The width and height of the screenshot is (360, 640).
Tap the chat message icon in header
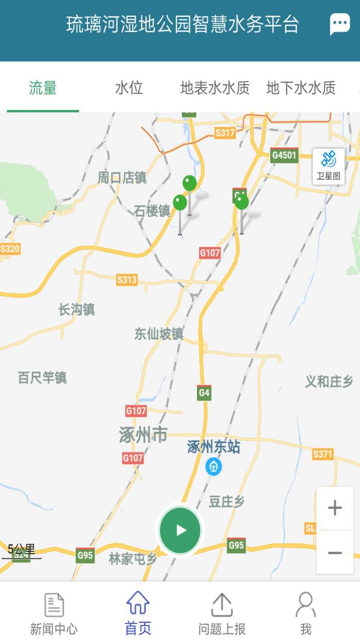[339, 24]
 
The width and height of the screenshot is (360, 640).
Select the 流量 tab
[43, 88]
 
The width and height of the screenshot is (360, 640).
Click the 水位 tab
[129, 88]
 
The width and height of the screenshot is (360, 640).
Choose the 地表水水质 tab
[215, 88]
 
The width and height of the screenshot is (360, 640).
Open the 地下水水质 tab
[301, 88]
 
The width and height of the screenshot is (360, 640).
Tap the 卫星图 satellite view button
[329, 166]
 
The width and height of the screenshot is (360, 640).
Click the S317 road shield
[225, 133]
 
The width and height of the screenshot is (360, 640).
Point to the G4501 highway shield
[284, 155]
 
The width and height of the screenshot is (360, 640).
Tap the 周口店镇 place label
[122, 178]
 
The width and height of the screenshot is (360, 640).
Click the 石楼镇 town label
[152, 211]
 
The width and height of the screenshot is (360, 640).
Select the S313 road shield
[127, 279]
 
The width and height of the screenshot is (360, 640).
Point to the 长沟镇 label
[77, 310]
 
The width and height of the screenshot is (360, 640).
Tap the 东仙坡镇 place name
[159, 334]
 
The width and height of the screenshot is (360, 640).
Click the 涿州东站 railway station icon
[213, 467]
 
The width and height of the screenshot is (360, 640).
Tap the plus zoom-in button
[335, 508]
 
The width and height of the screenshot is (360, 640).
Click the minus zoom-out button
[335, 553]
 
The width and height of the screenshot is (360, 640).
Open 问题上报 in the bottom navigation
[222, 613]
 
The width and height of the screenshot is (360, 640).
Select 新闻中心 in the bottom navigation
[54, 613]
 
